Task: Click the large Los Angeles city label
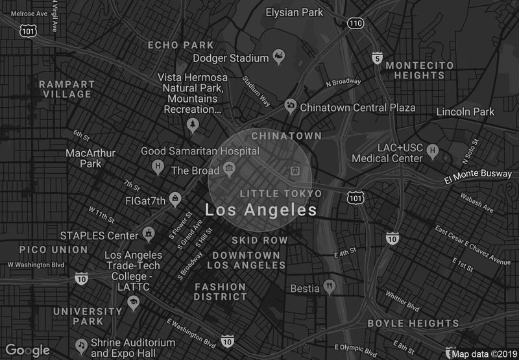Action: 261,210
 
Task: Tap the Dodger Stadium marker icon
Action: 279,58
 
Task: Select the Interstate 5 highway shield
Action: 378,58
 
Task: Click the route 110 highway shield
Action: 354,23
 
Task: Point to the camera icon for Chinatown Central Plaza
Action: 291,105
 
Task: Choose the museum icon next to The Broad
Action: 229,171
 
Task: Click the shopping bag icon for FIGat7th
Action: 174,197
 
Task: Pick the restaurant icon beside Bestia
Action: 330,285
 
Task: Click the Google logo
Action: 28,350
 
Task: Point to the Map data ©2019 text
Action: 483,354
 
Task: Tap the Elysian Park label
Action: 294,12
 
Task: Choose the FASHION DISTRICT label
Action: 221,291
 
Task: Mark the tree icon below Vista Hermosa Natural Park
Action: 192,124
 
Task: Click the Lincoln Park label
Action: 465,112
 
